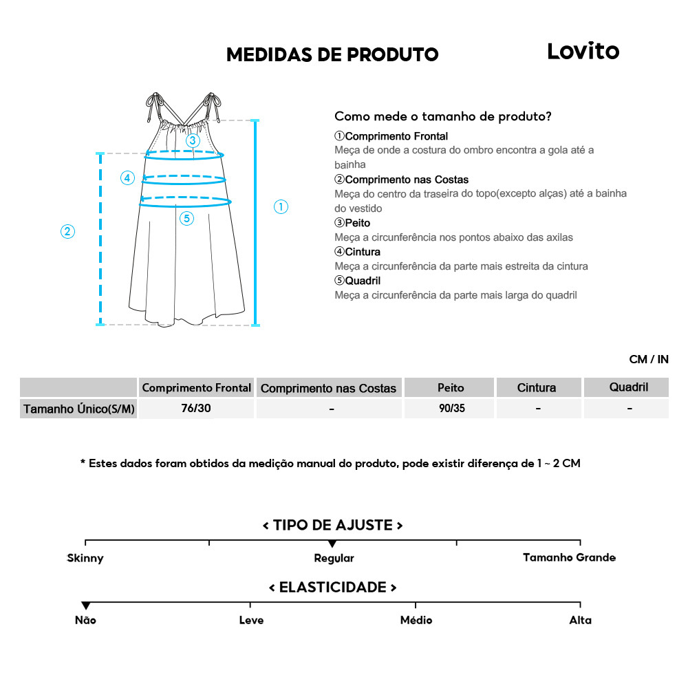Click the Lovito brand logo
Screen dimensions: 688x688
(583, 51)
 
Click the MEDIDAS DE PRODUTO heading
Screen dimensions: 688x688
(332, 55)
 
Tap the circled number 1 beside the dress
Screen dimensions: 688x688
(281, 206)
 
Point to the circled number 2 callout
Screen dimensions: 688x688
(67, 231)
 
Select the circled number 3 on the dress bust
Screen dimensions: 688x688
(193, 140)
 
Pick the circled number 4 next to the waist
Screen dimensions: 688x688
(127, 178)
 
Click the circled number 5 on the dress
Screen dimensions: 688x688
(187, 219)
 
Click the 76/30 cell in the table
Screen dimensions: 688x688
(196, 409)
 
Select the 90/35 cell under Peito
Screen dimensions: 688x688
(451, 409)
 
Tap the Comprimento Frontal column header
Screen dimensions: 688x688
(196, 388)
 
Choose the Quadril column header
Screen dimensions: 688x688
(629, 387)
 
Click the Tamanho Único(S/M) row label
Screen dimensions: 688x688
(79, 409)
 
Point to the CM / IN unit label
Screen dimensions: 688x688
(648, 359)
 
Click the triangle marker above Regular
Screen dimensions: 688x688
(333, 545)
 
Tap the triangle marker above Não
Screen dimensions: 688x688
(86, 605)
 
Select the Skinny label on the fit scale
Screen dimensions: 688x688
(85, 558)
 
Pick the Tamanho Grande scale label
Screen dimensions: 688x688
(569, 557)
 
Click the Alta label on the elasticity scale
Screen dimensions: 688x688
(580, 620)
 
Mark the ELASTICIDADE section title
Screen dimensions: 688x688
(332, 588)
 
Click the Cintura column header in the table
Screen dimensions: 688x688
(537, 388)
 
